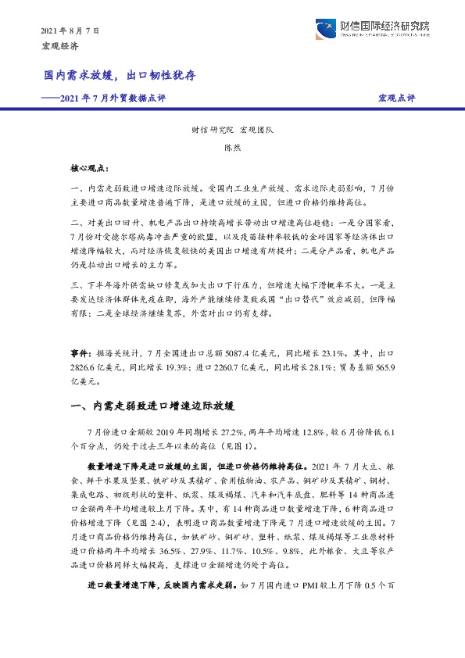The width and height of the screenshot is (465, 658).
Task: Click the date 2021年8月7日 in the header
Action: pyautogui.click(x=70, y=31)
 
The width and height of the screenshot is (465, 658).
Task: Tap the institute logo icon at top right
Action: pyautogui.click(x=323, y=30)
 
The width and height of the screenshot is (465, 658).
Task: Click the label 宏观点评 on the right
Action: pyautogui.click(x=396, y=98)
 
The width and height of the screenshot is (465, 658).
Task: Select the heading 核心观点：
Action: pyautogui.click(x=88, y=168)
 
